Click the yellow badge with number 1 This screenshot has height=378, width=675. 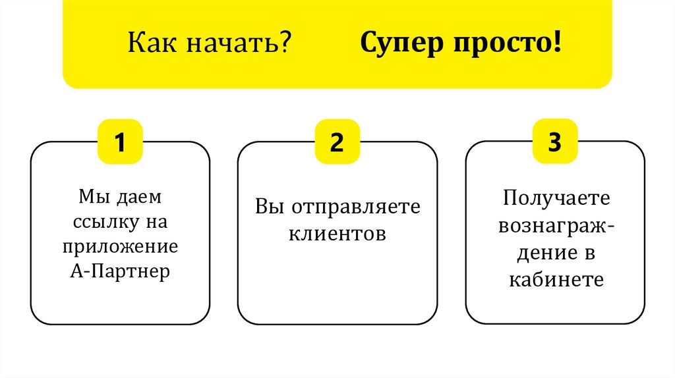point(120,142)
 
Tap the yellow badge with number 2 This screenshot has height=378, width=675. point(337,142)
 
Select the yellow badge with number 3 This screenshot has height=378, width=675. point(555,142)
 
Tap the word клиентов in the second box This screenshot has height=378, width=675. point(337,233)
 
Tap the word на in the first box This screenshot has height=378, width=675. point(158,222)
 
